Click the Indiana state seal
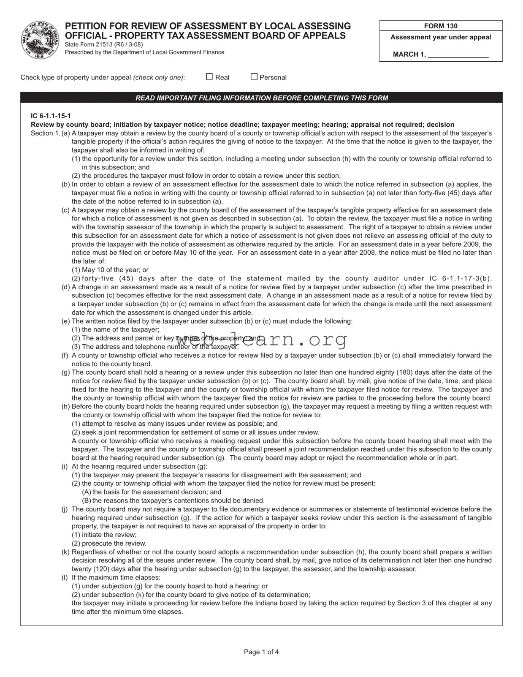pyautogui.click(x=40, y=40)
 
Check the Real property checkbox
pyautogui.click(x=209, y=77)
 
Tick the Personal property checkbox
pyautogui.click(x=254, y=77)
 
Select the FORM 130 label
pyautogui.click(x=441, y=26)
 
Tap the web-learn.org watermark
pyautogui.click(x=262, y=339)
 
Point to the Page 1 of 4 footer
pyautogui.click(x=261, y=652)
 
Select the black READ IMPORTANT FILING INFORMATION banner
pyautogui.click(x=261, y=98)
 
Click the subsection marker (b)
pyautogui.click(x=66, y=185)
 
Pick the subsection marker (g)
pyautogui.click(x=66, y=372)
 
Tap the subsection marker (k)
pyautogui.click(x=66, y=552)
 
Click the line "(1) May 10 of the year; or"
pyautogui.click(x=110, y=270)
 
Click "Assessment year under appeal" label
pyautogui.click(x=441, y=38)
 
